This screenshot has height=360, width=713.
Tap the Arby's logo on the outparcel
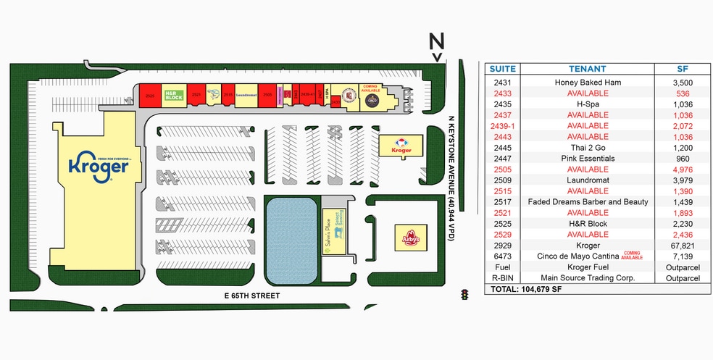[x=411, y=238]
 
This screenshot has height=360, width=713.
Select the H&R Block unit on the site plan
[x=174, y=95]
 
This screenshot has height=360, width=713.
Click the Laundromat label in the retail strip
[x=246, y=95]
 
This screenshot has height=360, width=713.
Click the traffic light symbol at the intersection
[x=464, y=295]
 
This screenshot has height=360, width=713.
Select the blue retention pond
[x=290, y=240]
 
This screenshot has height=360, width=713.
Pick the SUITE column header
[x=503, y=69]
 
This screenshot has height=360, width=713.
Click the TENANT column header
[x=588, y=69]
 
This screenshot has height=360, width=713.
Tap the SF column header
[x=682, y=69]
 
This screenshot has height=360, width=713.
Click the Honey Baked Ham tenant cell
[x=588, y=83]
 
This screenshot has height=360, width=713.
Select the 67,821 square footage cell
[x=682, y=246]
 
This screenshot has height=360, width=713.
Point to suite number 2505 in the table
[x=503, y=169]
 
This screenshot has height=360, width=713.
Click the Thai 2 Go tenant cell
[x=588, y=148]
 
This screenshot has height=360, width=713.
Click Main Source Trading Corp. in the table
[x=588, y=278]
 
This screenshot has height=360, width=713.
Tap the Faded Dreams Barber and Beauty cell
[x=588, y=202]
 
